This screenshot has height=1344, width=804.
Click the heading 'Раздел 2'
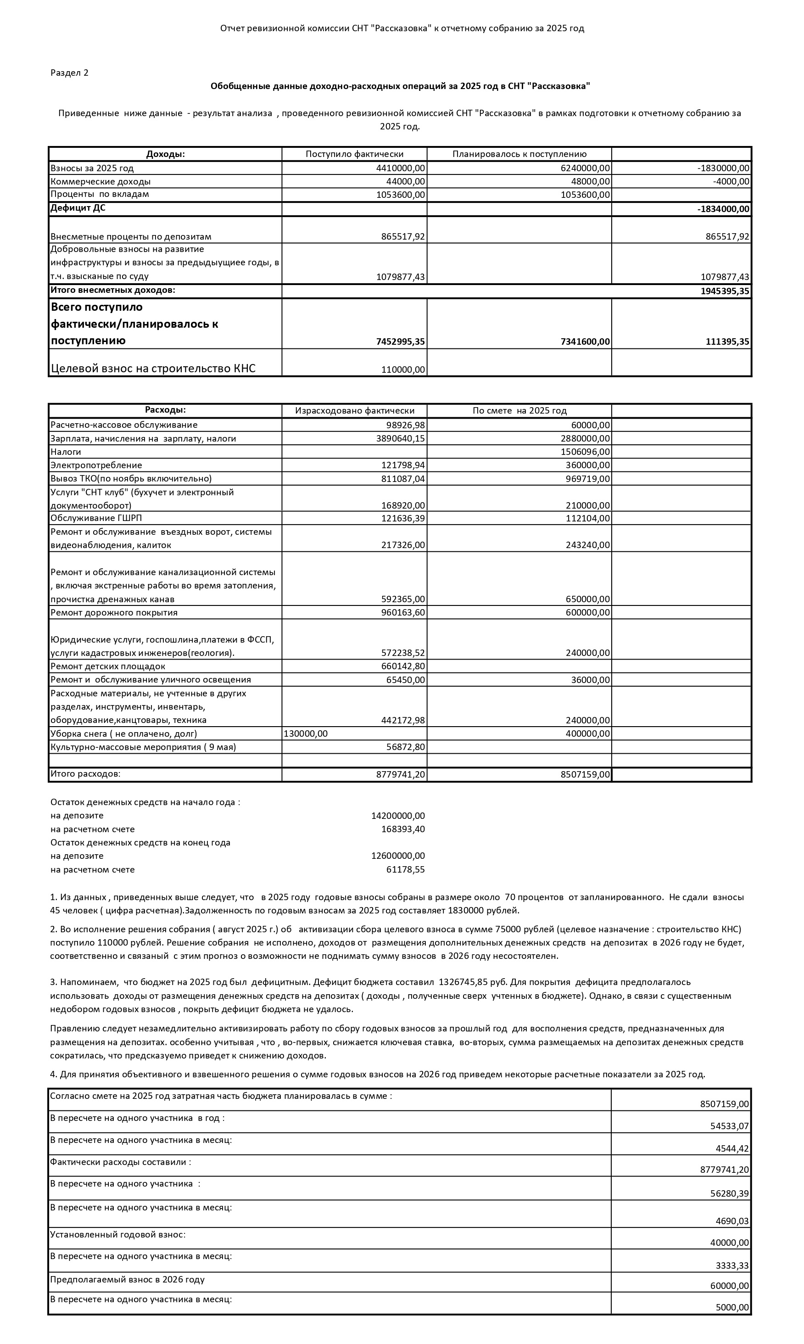tap(69, 73)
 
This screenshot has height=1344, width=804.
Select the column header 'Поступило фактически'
tap(354, 154)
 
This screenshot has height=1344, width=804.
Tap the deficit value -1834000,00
tap(723, 209)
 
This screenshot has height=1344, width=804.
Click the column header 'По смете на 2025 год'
tap(519, 411)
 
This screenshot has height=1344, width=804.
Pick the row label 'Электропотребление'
tap(96, 465)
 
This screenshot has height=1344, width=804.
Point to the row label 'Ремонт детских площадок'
tap(108, 666)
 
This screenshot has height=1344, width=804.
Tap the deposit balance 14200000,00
tap(398, 816)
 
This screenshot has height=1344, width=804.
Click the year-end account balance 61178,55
tap(405, 870)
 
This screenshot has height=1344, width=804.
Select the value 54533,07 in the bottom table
tap(729, 1126)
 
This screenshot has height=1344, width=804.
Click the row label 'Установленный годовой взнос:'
tap(118, 1235)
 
